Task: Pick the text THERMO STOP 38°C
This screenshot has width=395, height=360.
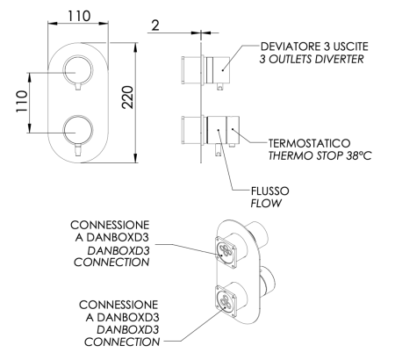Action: click(304, 155)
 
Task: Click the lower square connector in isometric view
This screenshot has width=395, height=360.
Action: click(226, 300)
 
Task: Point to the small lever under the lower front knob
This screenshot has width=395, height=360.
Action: click(79, 150)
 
